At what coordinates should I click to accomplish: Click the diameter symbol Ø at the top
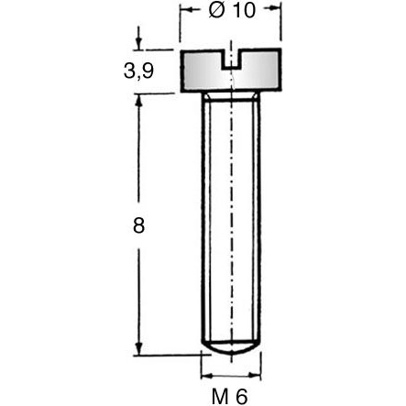217,14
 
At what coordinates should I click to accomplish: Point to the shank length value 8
139,225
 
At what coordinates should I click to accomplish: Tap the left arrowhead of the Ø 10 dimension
186,14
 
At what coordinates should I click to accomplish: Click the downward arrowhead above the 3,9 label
139,45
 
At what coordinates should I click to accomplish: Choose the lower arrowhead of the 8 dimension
139,348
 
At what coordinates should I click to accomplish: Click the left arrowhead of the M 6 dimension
204,376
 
